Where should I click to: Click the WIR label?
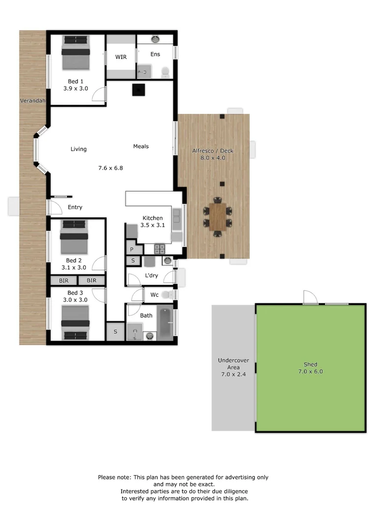pos(121,57)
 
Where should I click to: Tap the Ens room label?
pos(155,54)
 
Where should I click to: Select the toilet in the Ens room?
pos(165,72)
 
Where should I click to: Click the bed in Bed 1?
pos(76,53)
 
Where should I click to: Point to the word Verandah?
pos(32,101)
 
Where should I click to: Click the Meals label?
pos(141,146)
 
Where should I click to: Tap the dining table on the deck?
pos(217,217)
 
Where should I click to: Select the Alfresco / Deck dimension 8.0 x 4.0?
pos(213,158)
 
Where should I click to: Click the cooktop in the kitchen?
pos(160,249)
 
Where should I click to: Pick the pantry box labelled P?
pos(132,249)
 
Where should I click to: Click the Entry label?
pos(75,207)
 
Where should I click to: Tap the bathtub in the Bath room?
pos(166,323)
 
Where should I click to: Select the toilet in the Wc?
pos(166,295)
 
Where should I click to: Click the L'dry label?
pos(152,275)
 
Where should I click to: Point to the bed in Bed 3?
pos(75,323)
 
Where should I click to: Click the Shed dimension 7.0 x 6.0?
pos(310,371)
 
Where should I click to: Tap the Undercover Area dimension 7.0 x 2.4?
pos(233,374)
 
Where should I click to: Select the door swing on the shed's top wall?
pos(311,297)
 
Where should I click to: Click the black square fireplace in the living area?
pos(138,90)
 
